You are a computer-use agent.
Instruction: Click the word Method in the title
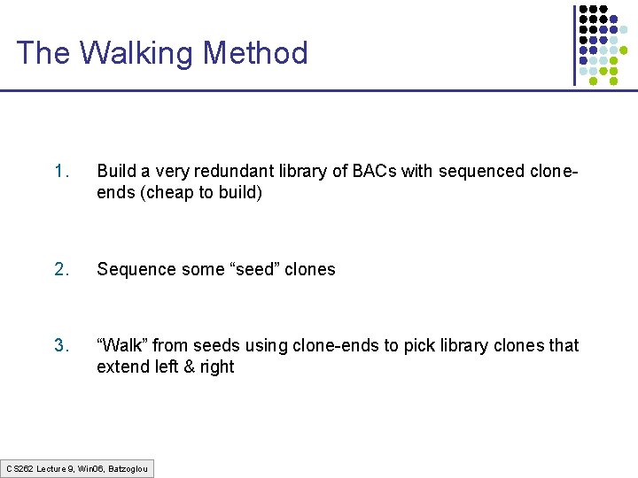coord(255,53)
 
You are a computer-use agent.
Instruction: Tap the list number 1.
coord(60,171)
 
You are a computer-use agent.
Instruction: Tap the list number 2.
coord(60,269)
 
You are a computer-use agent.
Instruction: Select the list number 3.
coord(60,345)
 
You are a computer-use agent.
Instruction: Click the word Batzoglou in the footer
coord(128,468)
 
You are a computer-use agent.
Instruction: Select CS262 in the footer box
coord(20,468)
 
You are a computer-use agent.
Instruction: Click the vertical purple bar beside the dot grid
coord(574,44)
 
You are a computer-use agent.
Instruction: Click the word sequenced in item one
coord(472,171)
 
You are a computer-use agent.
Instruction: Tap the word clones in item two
coord(310,269)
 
